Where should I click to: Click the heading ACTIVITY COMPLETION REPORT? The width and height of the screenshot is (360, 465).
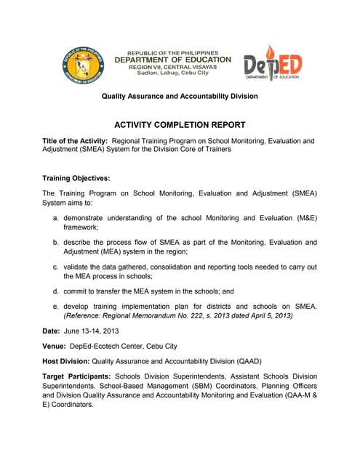point(179,124)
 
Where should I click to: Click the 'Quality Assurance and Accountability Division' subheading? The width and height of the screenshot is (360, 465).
point(179,97)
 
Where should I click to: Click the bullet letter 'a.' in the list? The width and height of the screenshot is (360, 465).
point(56,218)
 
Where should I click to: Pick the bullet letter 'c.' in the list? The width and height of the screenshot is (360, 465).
point(56,267)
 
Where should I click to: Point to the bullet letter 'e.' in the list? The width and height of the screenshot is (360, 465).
point(56,307)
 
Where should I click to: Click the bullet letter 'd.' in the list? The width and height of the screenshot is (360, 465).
point(56,291)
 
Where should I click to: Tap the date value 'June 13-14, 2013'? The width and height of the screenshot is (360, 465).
point(93,331)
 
